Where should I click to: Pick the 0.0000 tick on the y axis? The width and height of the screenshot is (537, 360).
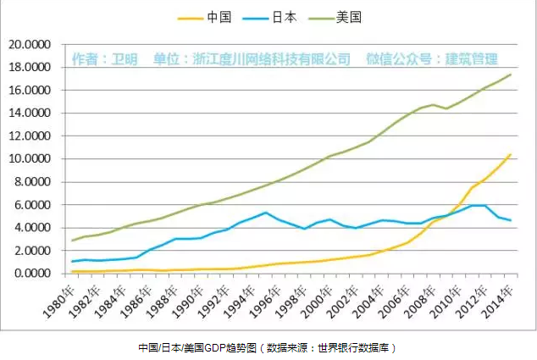(x=31, y=274)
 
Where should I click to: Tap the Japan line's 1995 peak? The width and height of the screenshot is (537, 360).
(x=266, y=213)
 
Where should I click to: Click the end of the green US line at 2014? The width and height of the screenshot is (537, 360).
(x=510, y=75)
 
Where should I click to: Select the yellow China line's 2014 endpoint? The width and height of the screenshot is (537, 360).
(x=510, y=154)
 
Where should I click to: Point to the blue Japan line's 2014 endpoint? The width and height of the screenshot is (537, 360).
(x=510, y=220)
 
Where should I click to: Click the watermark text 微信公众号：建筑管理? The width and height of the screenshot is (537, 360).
(x=431, y=59)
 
